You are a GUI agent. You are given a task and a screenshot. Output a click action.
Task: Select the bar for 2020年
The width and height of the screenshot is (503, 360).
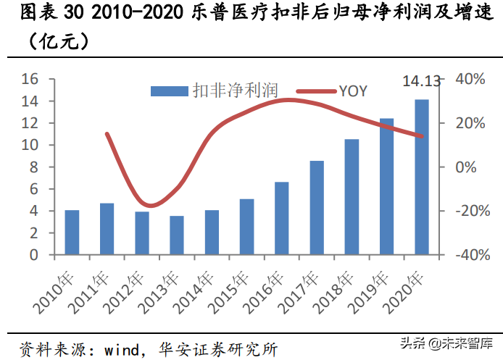click(421, 177)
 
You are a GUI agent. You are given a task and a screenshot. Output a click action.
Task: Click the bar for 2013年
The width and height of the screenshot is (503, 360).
click(177, 235)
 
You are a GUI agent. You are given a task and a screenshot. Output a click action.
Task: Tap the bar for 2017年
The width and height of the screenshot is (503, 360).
click(317, 208)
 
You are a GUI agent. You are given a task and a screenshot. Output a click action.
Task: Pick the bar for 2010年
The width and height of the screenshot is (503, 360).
click(72, 233)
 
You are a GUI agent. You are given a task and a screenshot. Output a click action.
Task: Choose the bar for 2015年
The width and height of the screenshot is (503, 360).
click(246, 227)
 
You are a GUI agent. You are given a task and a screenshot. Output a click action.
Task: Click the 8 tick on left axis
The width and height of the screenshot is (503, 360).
click(33, 167)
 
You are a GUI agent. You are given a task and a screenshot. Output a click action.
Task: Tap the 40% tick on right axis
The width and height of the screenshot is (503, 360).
click(469, 79)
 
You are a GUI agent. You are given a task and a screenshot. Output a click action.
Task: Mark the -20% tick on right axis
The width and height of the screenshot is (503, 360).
click(469, 212)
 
